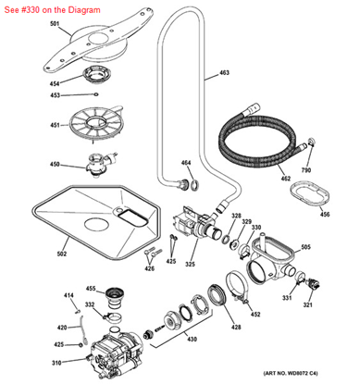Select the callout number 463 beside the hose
(224, 72)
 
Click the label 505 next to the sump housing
(305, 248)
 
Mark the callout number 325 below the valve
(190, 265)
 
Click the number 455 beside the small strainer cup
(91, 290)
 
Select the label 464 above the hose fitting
(185, 164)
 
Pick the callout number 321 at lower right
(308, 305)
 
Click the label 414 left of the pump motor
(68, 295)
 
